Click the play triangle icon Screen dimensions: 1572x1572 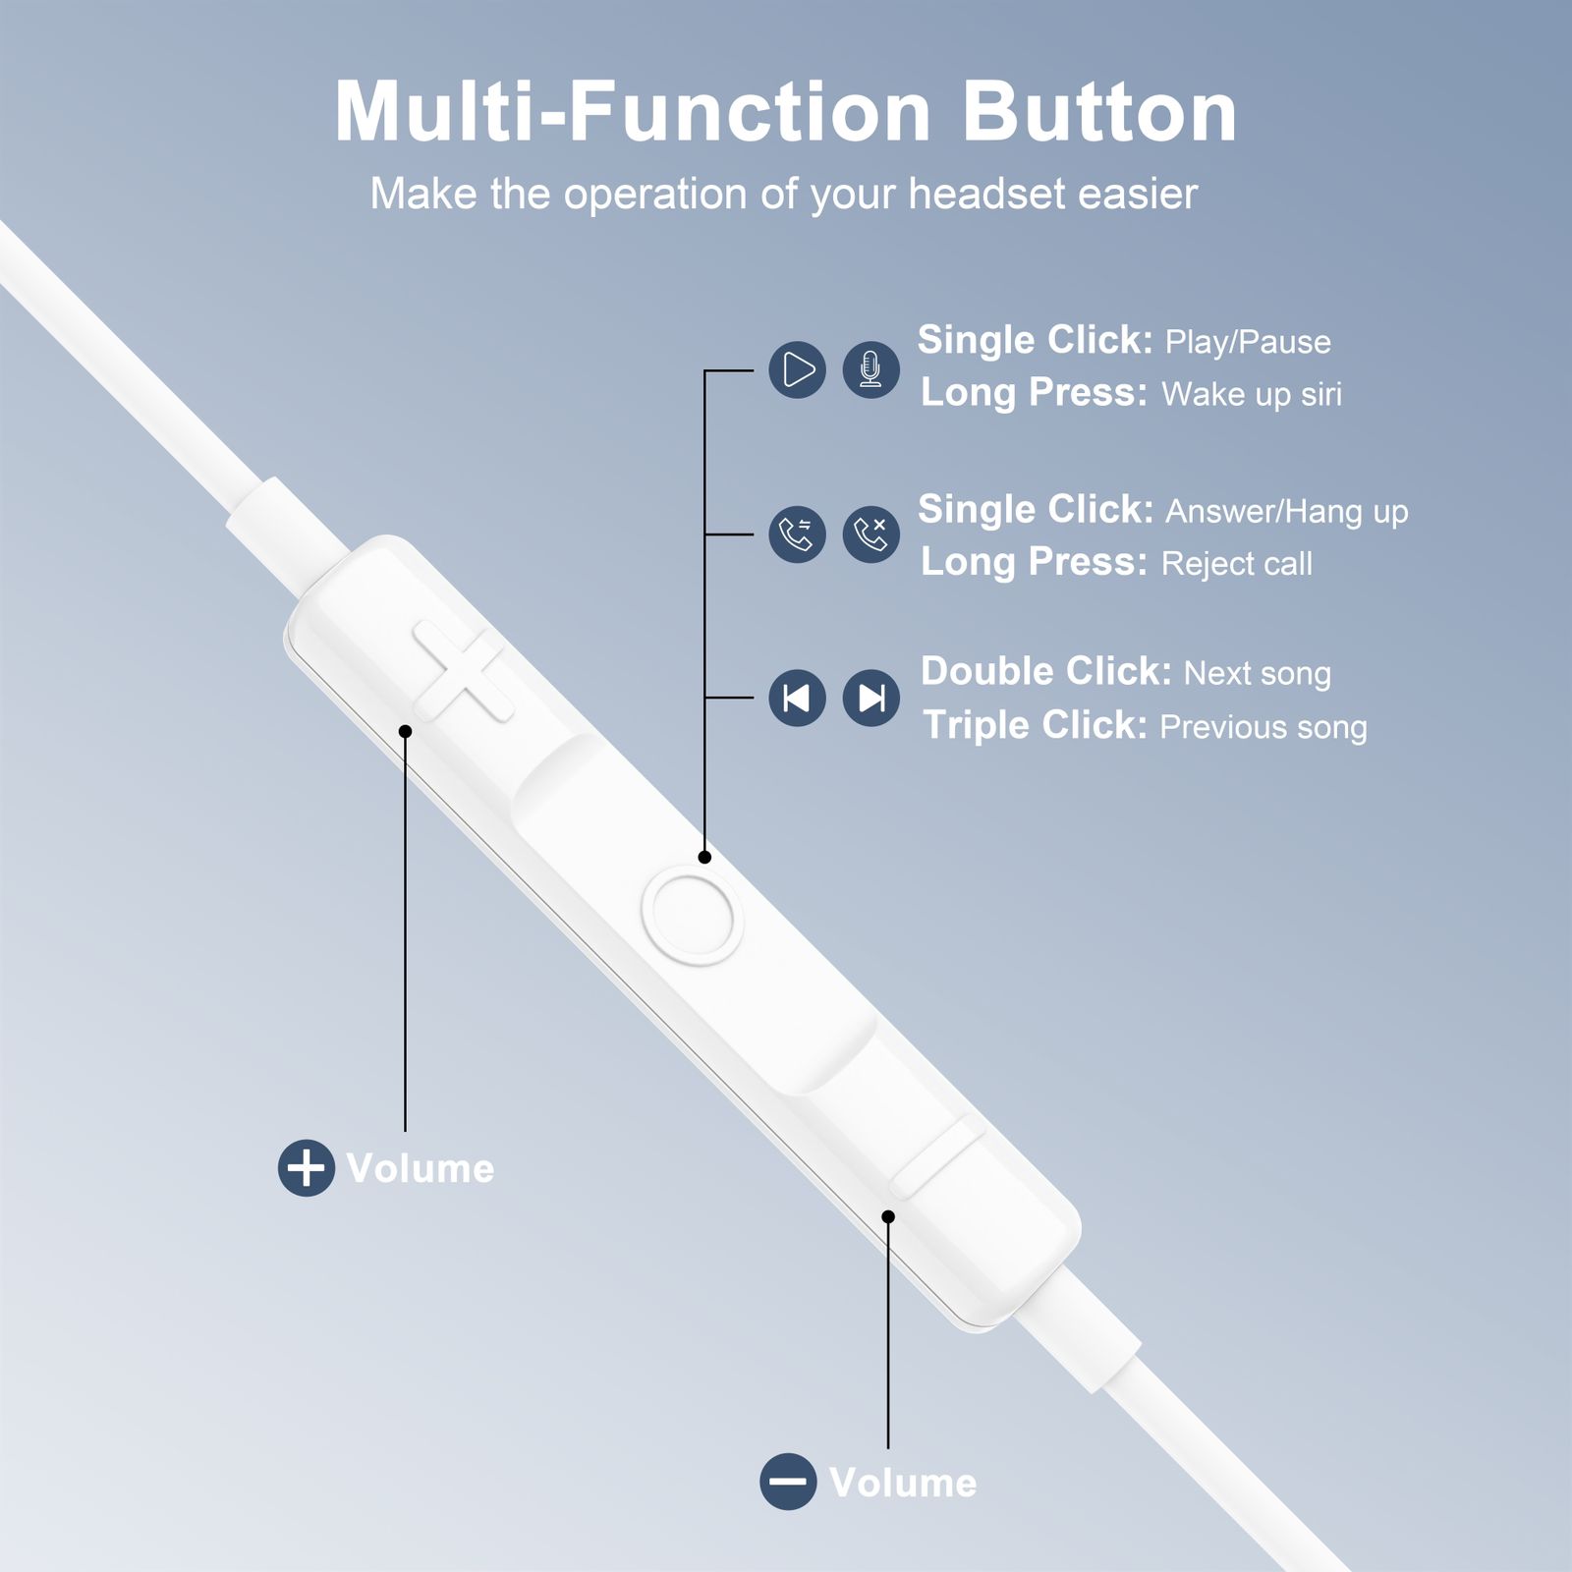[798, 370]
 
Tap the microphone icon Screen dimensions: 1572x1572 [871, 370]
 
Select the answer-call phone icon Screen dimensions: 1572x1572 [798, 534]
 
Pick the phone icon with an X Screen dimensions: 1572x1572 [871, 534]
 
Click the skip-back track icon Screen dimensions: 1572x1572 [798, 698]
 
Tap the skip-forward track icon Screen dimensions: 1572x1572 [871, 698]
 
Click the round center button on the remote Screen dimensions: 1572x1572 [691, 918]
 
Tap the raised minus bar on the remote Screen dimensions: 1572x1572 [937, 1156]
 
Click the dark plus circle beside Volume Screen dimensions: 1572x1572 [307, 1168]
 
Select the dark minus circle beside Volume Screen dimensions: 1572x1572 [788, 1482]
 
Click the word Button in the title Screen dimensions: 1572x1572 [1099, 112]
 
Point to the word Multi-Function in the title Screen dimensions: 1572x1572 [633, 112]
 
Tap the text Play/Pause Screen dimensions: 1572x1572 [1248, 342]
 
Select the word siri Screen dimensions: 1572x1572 [1321, 394]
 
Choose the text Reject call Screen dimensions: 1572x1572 [1237, 564]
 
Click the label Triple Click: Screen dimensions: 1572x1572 [1036, 725]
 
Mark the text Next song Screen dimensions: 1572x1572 [1258, 674]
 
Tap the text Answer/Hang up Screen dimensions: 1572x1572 [1287, 512]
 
